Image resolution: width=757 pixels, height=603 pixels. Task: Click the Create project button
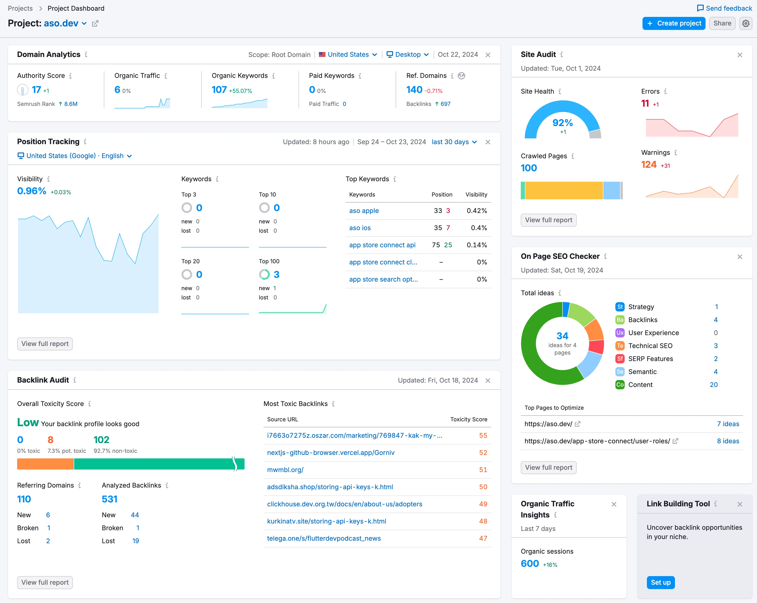point(673,23)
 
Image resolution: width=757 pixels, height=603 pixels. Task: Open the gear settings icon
point(745,23)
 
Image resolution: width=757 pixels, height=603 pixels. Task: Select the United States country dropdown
point(348,54)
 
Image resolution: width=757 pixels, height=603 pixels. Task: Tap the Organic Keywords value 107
point(219,90)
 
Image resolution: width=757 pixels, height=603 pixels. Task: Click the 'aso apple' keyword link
point(364,211)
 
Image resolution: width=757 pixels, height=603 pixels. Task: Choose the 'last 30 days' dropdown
point(454,142)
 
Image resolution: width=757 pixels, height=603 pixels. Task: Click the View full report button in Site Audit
point(548,220)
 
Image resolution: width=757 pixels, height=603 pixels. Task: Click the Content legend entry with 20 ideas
point(640,385)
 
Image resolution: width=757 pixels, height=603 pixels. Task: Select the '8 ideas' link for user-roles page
point(728,441)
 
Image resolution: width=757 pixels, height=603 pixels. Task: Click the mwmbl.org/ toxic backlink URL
point(285,470)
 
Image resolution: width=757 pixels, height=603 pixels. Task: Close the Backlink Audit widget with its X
point(488,381)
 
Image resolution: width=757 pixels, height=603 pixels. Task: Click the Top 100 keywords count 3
point(276,274)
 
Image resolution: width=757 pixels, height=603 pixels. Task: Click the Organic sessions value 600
point(529,564)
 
